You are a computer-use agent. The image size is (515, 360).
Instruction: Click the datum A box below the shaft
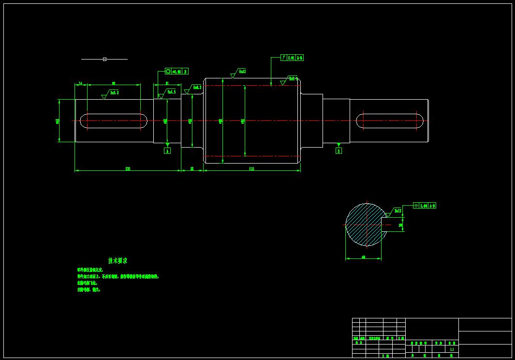tap(167, 151)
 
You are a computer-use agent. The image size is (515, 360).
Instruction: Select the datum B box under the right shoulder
tap(338, 151)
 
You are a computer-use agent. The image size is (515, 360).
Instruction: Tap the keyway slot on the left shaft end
tap(114, 120)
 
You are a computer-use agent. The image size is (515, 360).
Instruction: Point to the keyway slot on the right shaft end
tap(390, 120)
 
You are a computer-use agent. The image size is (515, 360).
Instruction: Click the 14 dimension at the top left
tap(80, 83)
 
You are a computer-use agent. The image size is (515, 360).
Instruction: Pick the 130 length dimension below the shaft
tap(128, 168)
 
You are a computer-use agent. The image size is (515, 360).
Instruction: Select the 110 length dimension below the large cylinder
tap(251, 168)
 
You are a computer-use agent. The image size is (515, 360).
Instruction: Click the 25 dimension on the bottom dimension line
tap(192, 168)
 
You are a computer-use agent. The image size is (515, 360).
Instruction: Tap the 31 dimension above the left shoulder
tap(167, 83)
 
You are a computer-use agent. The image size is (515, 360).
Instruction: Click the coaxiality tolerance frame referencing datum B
tap(177, 71)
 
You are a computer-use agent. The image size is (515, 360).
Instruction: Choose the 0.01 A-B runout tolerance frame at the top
tap(292, 58)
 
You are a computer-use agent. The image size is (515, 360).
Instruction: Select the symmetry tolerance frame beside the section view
tap(425, 206)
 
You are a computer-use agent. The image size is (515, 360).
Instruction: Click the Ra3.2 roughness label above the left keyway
tap(115, 92)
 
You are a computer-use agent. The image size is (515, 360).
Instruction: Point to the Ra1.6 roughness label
tap(171, 91)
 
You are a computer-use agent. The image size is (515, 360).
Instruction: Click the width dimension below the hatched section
tap(363, 257)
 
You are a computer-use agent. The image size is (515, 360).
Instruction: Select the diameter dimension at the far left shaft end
tap(58, 120)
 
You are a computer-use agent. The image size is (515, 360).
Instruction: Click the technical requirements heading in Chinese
tap(118, 260)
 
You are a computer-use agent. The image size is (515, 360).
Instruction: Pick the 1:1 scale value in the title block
tap(452, 349)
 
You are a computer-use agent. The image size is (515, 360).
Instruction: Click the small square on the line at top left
tap(104, 59)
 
